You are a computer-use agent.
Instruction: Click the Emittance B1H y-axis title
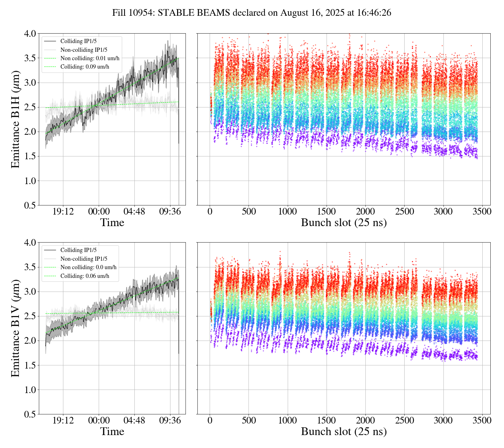(x=15, y=119)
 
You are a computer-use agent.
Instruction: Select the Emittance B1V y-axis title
(x=15, y=328)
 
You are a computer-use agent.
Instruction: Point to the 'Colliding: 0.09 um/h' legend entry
(x=85, y=67)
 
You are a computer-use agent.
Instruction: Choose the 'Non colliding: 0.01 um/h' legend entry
(x=90, y=58)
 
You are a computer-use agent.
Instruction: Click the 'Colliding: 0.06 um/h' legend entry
(x=85, y=276)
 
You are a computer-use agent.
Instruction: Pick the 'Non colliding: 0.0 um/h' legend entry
(x=88, y=267)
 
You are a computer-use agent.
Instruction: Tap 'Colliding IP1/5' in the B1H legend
(x=78, y=41)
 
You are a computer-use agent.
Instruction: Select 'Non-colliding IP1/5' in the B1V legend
(x=84, y=259)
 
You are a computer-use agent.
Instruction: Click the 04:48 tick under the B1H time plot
(x=134, y=212)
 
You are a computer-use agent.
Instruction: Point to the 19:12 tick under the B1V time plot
(x=63, y=420)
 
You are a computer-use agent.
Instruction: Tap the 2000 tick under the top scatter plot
(x=365, y=212)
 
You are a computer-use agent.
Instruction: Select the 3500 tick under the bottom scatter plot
(x=482, y=420)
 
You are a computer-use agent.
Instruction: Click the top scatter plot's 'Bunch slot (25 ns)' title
(x=344, y=223)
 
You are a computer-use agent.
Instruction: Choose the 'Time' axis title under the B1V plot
(x=112, y=432)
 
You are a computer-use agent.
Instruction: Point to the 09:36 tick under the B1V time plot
(x=170, y=420)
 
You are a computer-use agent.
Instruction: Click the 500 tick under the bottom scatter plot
(x=248, y=420)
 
